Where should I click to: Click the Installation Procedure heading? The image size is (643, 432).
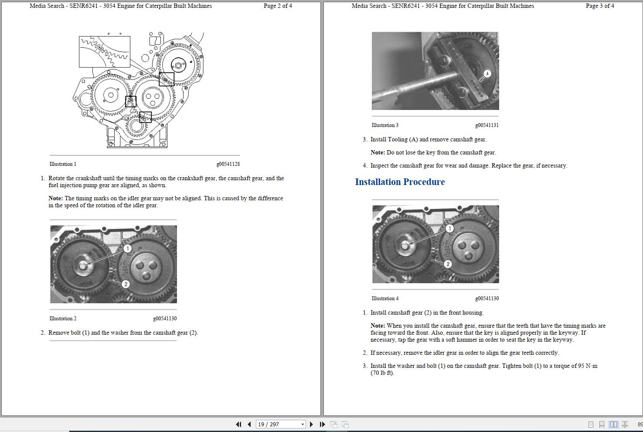(400, 182)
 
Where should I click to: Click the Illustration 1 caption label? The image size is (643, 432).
(63, 164)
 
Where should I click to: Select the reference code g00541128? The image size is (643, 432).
(228, 164)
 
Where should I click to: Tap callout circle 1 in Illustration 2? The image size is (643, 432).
(127, 248)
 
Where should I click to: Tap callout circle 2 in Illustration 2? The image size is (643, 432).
(126, 284)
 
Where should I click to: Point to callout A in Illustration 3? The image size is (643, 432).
(487, 73)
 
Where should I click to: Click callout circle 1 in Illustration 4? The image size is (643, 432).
(449, 228)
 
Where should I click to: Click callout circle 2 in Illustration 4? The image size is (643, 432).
(447, 264)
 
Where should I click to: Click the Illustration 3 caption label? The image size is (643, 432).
(385, 125)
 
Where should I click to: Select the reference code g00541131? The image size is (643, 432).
(487, 125)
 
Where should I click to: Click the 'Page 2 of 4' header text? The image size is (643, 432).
(278, 6)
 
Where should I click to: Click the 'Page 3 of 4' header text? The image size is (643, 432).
(600, 6)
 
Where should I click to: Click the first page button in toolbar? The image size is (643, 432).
(238, 424)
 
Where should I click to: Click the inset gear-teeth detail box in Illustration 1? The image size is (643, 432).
(105, 52)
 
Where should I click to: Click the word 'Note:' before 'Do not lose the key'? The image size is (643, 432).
(378, 153)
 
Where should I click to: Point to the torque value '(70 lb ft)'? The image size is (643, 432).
(382, 373)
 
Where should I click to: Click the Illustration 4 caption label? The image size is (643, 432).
(385, 298)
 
